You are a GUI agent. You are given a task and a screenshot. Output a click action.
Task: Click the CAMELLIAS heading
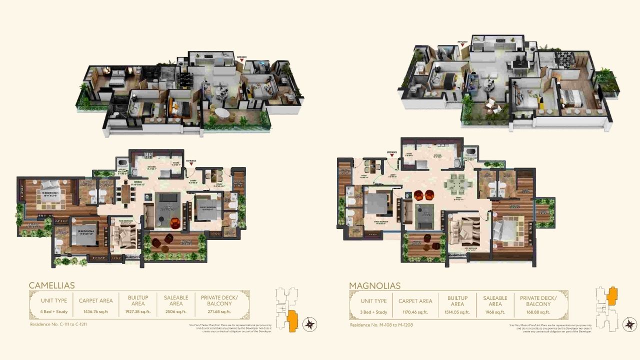[52, 285]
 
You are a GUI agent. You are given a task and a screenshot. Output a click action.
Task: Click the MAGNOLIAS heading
[375, 286]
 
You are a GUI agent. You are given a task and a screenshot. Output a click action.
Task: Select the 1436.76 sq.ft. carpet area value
[95, 311]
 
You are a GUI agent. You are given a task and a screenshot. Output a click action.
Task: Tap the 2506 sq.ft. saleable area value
[176, 311]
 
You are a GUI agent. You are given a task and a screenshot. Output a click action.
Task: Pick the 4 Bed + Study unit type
[53, 311]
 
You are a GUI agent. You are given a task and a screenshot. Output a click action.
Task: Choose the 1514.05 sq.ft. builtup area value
[457, 312]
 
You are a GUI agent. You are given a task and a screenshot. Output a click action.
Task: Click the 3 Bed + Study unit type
[374, 312]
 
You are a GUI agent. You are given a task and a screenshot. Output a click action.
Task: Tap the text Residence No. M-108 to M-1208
[381, 325]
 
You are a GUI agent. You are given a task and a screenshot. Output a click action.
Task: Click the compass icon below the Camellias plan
[310, 324]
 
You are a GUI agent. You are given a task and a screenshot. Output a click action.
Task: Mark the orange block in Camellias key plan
[292, 320]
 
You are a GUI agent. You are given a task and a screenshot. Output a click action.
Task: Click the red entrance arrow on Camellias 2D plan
[190, 164]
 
